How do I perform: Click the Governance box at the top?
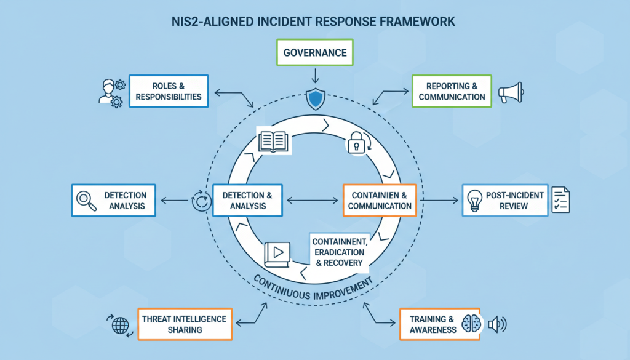[315, 53]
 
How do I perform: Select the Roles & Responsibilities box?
[168, 91]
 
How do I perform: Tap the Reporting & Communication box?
[452, 91]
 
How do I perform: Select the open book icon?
[274, 140]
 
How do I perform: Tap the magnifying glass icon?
[86, 200]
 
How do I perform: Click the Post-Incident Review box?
[505, 200]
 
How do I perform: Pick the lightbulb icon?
[476, 200]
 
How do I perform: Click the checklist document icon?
[560, 200]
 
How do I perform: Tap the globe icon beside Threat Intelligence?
[119, 324]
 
